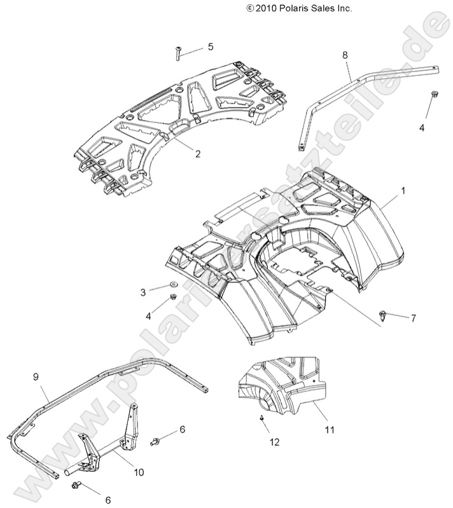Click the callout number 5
click(x=211, y=47)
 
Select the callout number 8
click(x=345, y=56)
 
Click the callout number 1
click(x=402, y=190)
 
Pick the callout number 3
click(x=143, y=292)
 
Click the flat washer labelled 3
click(x=173, y=284)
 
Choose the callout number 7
click(x=413, y=319)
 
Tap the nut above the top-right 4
click(x=433, y=95)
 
